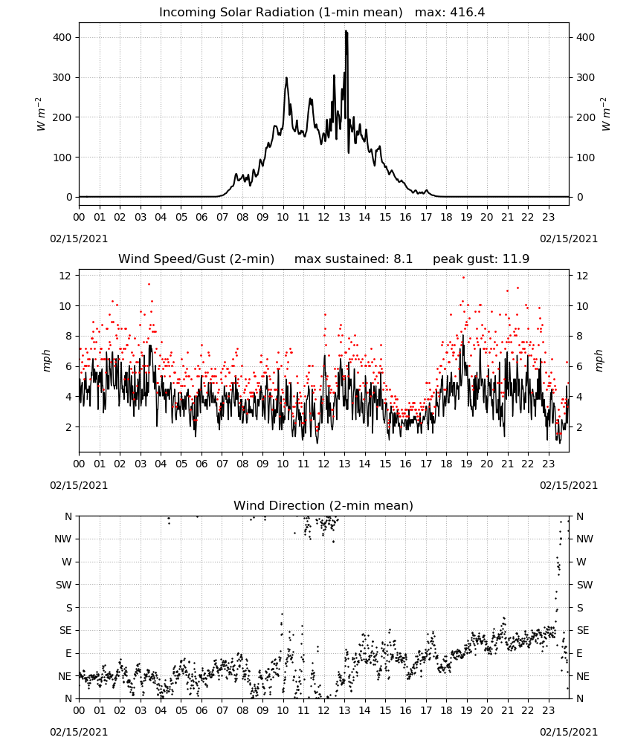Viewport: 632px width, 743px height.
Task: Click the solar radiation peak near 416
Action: (346, 32)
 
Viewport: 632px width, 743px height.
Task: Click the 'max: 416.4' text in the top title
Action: (450, 13)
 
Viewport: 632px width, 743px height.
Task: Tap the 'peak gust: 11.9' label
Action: (481, 259)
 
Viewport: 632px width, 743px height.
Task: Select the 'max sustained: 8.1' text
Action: (353, 259)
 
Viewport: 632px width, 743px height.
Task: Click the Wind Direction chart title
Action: (323, 505)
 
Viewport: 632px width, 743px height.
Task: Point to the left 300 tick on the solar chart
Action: (62, 77)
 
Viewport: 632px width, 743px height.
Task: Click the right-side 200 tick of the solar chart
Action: (585, 117)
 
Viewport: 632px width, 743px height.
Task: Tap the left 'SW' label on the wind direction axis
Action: (64, 585)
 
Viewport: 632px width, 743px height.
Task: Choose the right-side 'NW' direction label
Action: (584, 539)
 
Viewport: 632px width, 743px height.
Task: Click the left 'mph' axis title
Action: (46, 360)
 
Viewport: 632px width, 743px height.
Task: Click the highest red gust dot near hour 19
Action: (464, 278)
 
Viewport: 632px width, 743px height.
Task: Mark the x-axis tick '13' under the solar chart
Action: (344, 217)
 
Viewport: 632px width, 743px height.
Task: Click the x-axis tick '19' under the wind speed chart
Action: (466, 464)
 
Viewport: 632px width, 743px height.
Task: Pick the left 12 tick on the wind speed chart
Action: (65, 276)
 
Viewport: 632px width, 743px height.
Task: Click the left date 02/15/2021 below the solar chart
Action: (79, 239)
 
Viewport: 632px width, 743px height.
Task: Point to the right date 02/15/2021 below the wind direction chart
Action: (569, 732)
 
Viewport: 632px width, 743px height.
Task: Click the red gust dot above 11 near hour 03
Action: (149, 285)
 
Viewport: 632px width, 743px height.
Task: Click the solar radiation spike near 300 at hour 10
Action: (286, 79)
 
